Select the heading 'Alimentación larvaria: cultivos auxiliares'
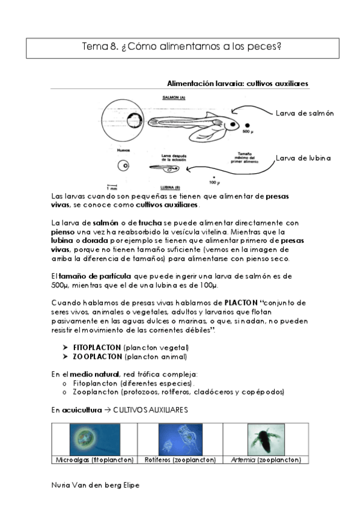237,84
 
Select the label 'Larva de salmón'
304,113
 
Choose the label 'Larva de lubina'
304,158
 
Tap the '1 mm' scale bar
111,186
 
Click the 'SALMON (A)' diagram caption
174,97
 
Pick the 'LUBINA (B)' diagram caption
173,187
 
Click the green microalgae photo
94,439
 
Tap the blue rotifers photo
180,439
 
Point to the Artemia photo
265,439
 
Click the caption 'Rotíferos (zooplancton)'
180,459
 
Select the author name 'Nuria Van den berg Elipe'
96,485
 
